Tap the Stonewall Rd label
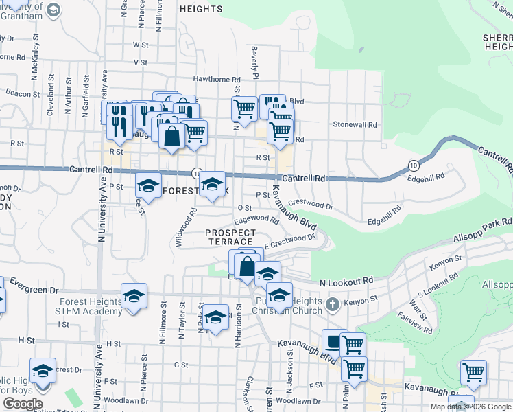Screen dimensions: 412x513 tap(355, 125)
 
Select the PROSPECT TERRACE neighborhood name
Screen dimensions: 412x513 tap(230, 238)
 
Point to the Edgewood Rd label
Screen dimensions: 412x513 tap(256, 220)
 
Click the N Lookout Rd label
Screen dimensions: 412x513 tap(346, 282)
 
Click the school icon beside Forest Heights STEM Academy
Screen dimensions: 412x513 tap(134, 296)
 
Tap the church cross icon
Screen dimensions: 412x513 tap(332, 303)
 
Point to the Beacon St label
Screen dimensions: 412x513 tap(22, 93)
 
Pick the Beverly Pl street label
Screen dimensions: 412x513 tap(255, 62)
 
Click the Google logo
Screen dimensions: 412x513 tap(22, 404)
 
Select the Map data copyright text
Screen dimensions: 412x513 tap(470, 407)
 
